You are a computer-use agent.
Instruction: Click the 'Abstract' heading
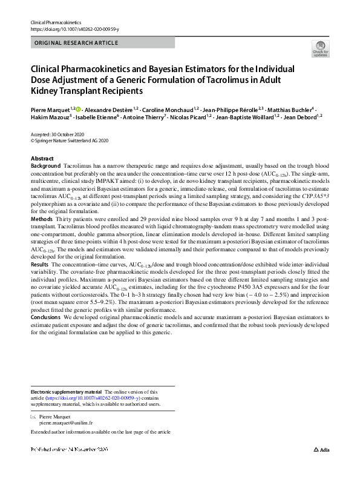pyautogui.click(x=42, y=158)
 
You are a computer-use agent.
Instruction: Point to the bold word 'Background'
pyautogui.click(x=45, y=165)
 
